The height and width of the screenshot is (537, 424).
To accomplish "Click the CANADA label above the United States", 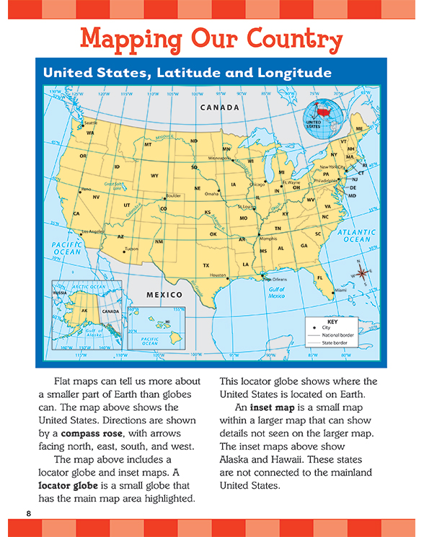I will [219, 107].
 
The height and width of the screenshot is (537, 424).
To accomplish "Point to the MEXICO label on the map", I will [164, 295].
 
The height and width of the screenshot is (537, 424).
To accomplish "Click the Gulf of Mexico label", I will [277, 293].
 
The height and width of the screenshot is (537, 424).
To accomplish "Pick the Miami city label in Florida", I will [340, 290].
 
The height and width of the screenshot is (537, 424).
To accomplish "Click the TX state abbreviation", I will [206, 265].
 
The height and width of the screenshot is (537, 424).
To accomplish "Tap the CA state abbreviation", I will [76, 213].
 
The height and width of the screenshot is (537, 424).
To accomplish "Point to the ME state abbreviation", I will [359, 128].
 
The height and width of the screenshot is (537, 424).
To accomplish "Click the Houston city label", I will [218, 275].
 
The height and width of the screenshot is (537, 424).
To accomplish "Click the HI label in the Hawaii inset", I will [167, 322].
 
